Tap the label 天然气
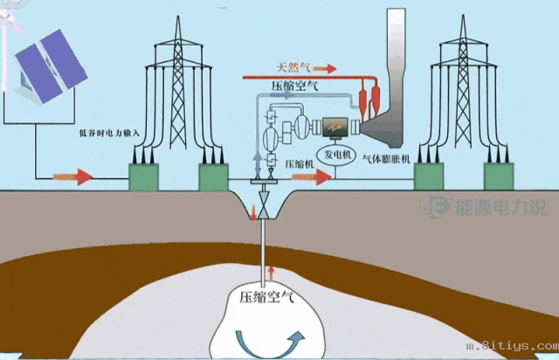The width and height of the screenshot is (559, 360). [x=293, y=66]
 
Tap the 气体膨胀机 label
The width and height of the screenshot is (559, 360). [x=378, y=163]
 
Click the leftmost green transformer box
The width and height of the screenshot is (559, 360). [x=148, y=177]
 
